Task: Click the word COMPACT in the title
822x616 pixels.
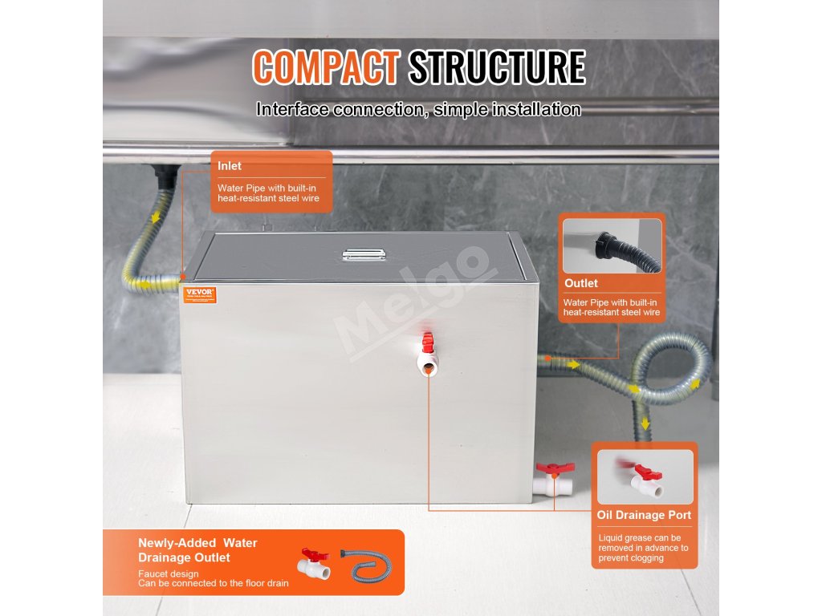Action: tap(325, 68)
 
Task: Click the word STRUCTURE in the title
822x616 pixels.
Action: tap(497, 68)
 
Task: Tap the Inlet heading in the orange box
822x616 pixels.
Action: tap(230, 166)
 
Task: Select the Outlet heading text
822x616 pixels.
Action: tap(581, 283)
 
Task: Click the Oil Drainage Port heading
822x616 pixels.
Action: tap(644, 515)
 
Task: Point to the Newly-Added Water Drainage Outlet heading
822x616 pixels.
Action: tap(197, 550)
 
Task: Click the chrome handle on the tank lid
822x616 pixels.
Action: tap(363, 254)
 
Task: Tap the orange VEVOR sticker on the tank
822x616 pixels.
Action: tap(197, 294)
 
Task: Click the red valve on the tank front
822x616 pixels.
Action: tap(427, 344)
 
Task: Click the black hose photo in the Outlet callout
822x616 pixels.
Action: tap(612, 245)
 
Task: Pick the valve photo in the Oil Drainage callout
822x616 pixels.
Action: tap(645, 477)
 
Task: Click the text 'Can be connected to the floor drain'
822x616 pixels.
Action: tap(214, 583)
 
